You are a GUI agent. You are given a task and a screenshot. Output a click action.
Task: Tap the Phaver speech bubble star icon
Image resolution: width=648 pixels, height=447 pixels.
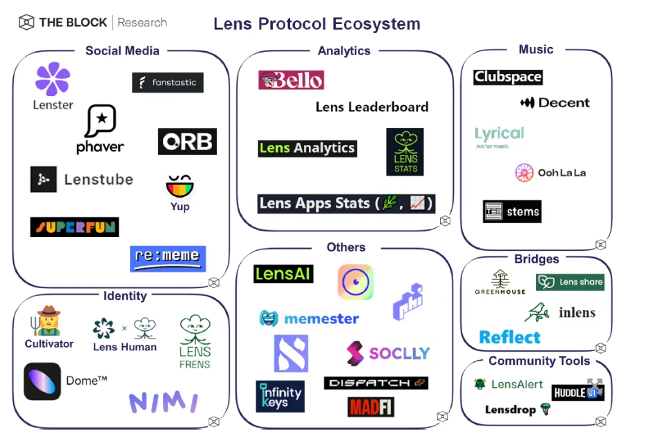[101, 120]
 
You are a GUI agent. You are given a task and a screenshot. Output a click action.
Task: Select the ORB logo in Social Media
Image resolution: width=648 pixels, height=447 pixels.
[187, 142]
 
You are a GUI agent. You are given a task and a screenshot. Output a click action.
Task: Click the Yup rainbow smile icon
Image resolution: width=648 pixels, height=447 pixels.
[180, 186]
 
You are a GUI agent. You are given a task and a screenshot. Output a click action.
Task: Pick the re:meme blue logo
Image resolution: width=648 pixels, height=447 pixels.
[168, 258]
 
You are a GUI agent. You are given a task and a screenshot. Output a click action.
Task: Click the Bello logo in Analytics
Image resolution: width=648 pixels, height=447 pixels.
[291, 80]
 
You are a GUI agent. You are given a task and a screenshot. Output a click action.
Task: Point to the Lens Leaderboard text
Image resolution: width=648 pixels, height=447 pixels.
[372, 107]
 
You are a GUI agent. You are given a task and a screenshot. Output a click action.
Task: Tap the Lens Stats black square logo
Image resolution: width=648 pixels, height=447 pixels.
[405, 151]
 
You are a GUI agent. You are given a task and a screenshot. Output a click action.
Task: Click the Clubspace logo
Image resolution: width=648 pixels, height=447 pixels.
[508, 77]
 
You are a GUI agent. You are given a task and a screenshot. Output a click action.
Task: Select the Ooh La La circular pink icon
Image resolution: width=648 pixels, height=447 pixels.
[524, 173]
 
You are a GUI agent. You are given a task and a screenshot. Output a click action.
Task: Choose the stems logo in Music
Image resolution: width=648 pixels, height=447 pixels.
[512, 211]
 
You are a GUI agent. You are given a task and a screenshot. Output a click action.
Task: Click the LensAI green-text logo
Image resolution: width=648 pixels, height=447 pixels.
[283, 274]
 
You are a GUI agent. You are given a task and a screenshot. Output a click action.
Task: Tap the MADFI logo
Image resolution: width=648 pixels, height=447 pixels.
[371, 407]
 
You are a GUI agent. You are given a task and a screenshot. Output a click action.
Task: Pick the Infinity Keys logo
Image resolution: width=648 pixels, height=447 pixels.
[280, 397]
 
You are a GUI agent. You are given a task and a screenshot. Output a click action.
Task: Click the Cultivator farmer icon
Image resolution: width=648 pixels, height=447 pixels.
[48, 322]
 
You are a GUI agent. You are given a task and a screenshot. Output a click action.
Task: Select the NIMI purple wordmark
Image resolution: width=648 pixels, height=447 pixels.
[163, 402]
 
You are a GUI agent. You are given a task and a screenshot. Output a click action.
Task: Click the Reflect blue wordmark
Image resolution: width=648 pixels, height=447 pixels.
[510, 337]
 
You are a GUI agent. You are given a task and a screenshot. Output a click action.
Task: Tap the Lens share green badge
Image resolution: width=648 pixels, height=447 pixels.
[570, 282]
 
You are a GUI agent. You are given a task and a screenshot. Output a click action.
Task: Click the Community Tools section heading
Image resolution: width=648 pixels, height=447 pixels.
[539, 361]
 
